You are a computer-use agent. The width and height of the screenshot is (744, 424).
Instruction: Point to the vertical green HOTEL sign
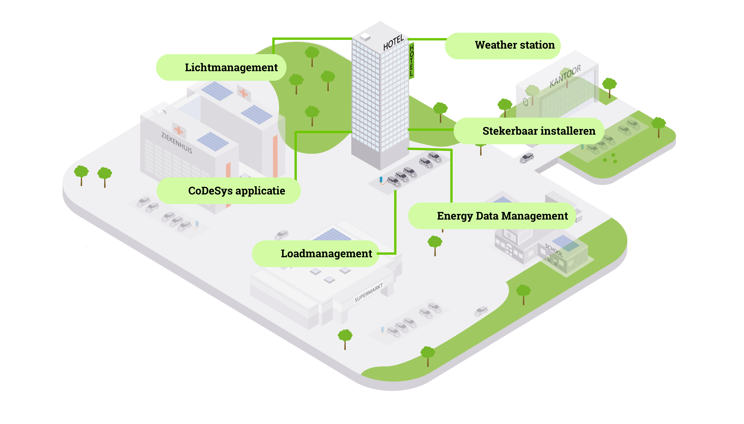click(412, 60)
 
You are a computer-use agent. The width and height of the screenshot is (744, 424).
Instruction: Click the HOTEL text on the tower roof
click(393, 43)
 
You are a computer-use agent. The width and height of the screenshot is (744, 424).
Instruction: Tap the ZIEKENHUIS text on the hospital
click(177, 143)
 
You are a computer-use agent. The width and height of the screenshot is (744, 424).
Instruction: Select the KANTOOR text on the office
click(565, 76)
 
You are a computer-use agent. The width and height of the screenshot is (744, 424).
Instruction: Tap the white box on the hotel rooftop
click(365, 37)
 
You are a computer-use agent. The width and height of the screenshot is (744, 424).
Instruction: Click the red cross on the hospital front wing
click(179, 131)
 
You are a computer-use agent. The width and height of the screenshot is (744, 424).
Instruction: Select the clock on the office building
click(526, 102)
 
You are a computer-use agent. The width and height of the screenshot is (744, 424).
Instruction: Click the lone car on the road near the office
click(527, 158)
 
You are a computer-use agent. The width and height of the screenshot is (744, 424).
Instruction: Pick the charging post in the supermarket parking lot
click(382, 330)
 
